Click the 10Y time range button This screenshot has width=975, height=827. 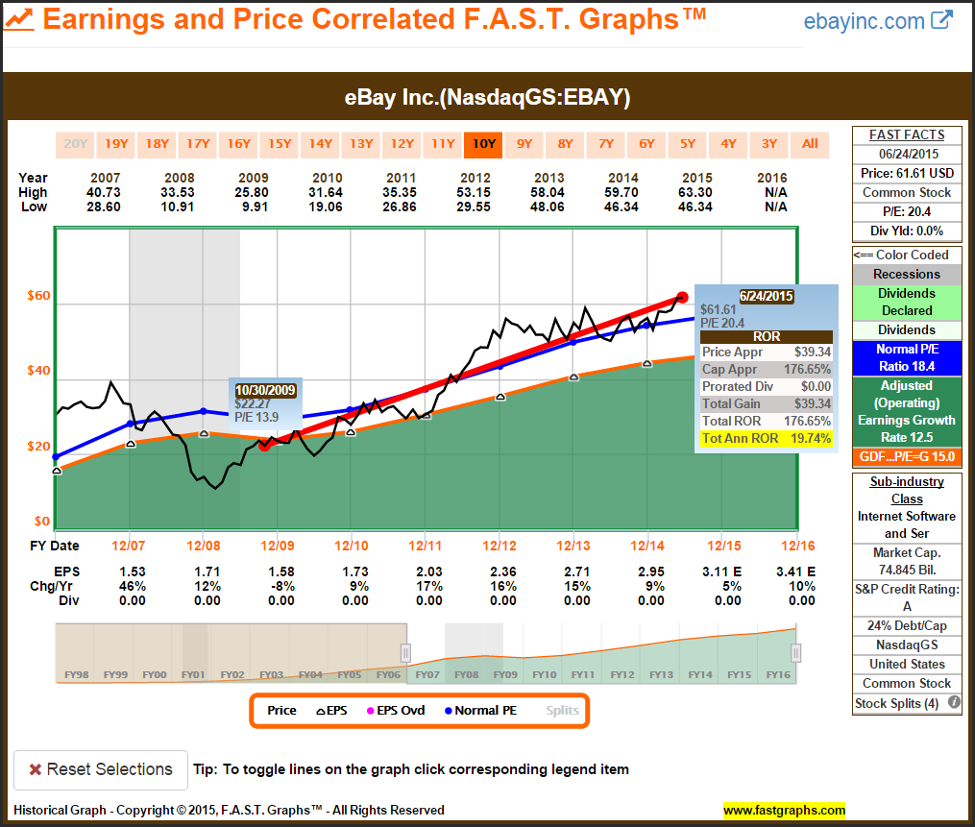coord(483,144)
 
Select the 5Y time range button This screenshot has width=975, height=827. coord(688,144)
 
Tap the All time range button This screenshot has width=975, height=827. coord(810,144)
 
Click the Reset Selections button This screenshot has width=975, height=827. coord(101,769)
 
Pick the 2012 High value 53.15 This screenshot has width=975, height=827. coord(475,193)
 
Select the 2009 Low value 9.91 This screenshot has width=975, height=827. coord(254,207)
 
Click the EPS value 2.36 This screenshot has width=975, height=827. coord(502,572)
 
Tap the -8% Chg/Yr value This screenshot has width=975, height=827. coord(280,587)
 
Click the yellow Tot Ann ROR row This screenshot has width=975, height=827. coord(766,438)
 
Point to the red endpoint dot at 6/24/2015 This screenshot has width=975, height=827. coord(682,298)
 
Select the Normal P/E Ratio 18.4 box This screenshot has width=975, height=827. coord(907,358)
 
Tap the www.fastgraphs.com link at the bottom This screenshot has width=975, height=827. coord(784,810)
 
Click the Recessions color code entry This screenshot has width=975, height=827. coord(907,274)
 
